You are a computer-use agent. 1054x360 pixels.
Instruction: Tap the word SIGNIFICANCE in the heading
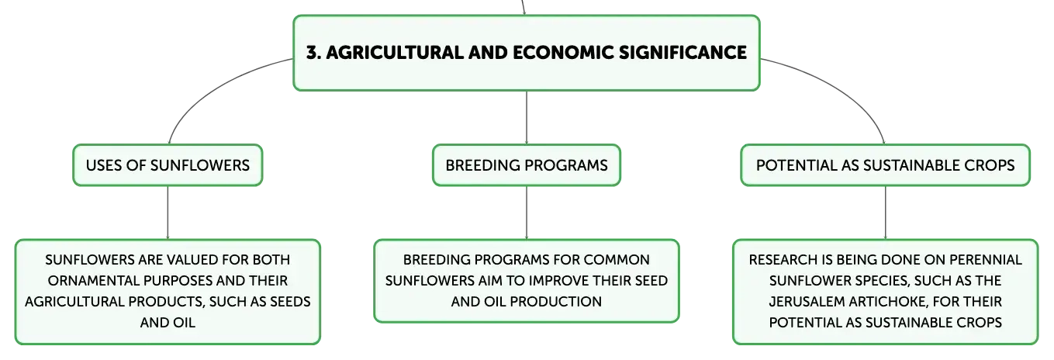(683, 52)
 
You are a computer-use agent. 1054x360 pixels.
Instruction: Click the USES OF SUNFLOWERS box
(168, 165)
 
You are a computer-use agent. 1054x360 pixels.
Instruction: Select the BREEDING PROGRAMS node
(527, 165)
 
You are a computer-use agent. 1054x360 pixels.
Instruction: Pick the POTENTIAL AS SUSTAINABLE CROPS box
(885, 165)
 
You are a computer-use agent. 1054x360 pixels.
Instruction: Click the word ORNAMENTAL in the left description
(93, 280)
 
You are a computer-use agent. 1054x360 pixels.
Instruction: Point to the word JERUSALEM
(808, 301)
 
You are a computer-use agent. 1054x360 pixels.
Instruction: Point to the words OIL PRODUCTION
(543, 302)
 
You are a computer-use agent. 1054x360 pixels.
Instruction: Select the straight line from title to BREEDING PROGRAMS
(527, 117)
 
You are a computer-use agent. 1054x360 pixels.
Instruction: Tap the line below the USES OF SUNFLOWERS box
(168, 213)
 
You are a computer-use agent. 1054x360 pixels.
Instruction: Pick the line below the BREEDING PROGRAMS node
(527, 213)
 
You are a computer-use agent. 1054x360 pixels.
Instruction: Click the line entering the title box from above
(523, 7)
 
